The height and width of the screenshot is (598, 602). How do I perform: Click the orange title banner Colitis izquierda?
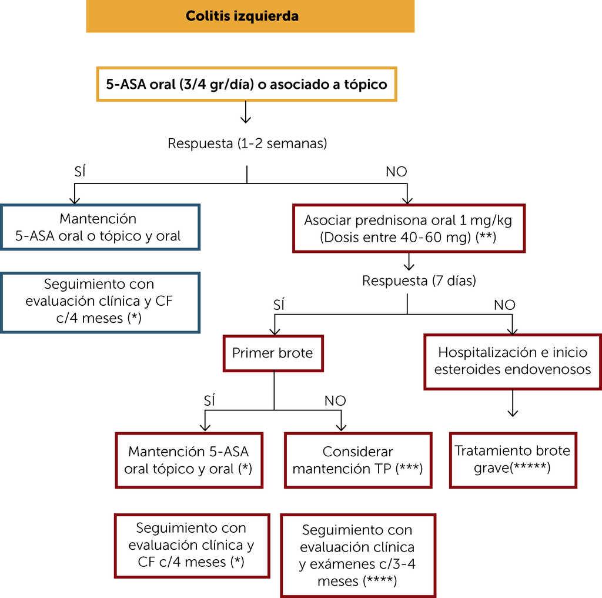250,16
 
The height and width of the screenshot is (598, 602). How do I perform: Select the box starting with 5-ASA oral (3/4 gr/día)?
246,84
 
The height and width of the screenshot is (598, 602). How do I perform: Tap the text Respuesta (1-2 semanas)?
247,143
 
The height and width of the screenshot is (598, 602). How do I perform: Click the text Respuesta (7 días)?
419,280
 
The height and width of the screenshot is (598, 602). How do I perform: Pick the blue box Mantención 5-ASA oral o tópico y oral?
100,227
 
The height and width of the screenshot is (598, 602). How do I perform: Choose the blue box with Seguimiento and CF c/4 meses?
100,302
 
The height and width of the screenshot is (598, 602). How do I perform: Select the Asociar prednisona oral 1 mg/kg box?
408,228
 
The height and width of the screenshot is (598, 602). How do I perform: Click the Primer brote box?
273,353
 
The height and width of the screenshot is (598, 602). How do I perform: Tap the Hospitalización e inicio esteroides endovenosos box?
512,360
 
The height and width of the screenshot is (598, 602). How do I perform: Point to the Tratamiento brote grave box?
512,460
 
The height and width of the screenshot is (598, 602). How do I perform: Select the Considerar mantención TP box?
357,460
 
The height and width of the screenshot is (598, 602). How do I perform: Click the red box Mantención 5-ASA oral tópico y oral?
189,460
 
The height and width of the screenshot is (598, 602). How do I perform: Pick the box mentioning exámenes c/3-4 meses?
357,554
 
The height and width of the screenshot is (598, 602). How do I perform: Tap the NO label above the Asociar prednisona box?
396,172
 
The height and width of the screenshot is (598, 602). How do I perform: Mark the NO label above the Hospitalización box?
504,305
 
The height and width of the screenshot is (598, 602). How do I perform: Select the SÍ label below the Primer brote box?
209,401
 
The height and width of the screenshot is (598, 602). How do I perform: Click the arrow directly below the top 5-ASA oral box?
246,112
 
